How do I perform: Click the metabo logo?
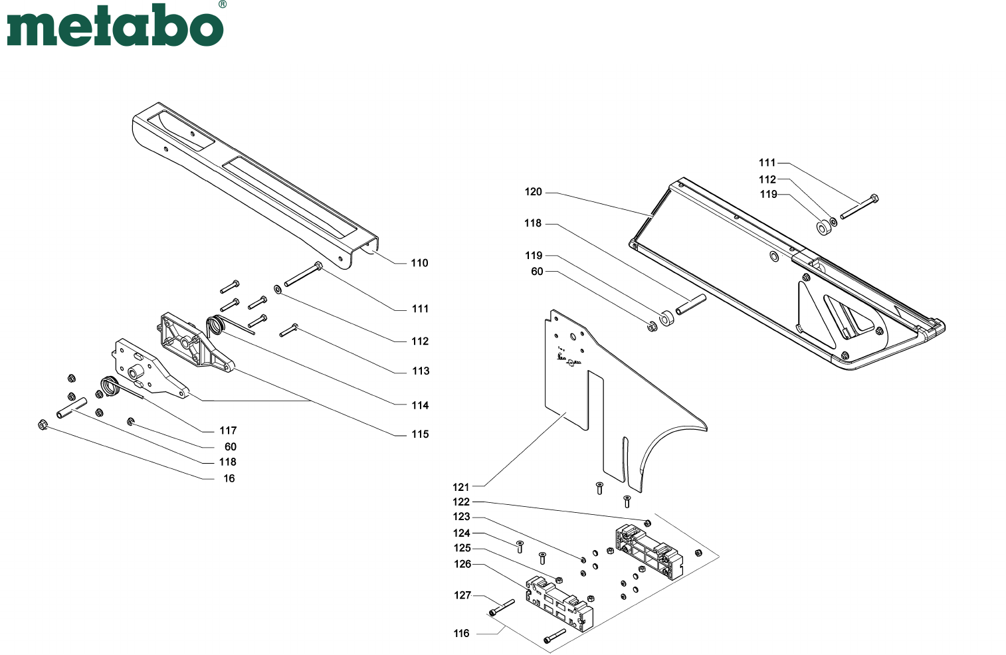tap(115, 25)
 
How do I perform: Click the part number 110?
tap(419, 263)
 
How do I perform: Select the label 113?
tap(421, 371)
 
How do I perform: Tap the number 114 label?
tap(421, 405)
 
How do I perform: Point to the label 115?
tap(421, 434)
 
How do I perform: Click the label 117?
tap(228, 430)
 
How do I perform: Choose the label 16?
tap(229, 478)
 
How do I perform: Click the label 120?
tap(534, 192)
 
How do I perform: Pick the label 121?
tap(460, 487)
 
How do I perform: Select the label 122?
tap(461, 502)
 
